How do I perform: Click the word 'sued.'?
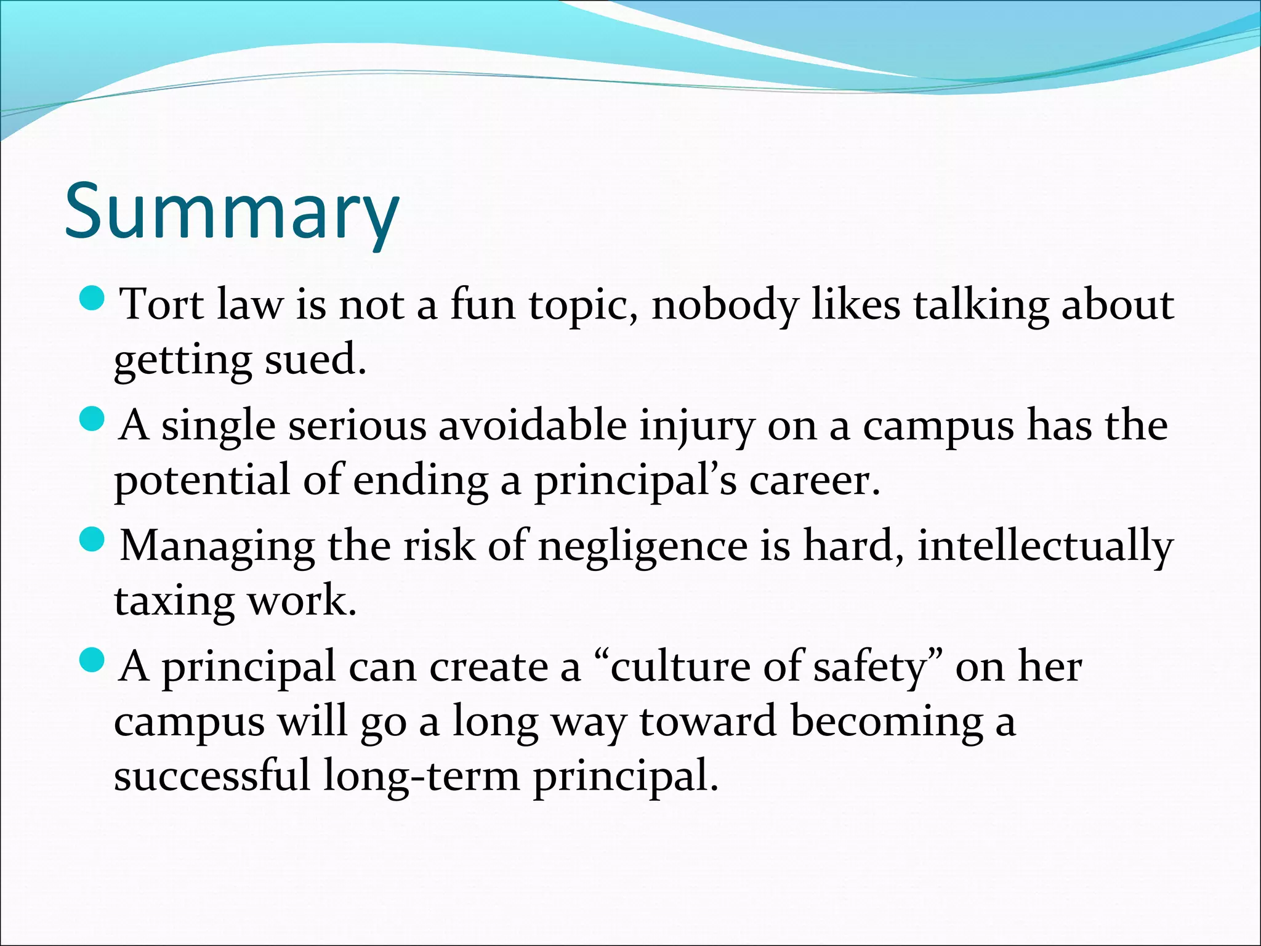(315, 359)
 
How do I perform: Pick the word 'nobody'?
(724, 304)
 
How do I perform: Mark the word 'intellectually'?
(1045, 546)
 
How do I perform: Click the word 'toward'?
(708, 721)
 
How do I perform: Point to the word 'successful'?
(212, 775)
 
